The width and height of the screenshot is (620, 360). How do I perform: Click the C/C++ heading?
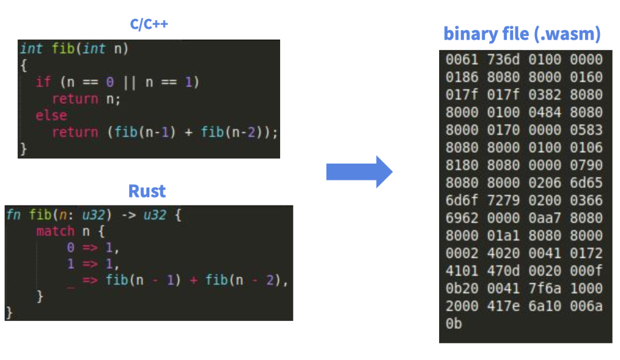click(149, 25)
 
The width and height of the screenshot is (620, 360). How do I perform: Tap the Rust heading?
click(147, 191)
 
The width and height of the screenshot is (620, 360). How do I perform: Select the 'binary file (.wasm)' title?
click(522, 34)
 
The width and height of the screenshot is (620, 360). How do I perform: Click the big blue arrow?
click(359, 171)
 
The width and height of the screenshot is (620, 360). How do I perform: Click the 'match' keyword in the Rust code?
click(55, 231)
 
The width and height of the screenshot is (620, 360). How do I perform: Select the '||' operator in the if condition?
click(130, 82)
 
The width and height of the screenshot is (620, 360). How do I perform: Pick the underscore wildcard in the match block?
click(71, 281)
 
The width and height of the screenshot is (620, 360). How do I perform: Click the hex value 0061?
click(462, 60)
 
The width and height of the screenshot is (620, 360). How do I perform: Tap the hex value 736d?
click(503, 60)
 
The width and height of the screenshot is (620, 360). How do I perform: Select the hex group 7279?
click(503, 200)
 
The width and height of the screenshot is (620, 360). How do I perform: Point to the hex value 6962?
click(462, 218)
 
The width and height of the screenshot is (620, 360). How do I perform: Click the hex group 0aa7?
click(545, 218)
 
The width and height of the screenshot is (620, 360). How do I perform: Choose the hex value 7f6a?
click(545, 288)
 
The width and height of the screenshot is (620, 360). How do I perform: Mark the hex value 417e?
click(503, 306)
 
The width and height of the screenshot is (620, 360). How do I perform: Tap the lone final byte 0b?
click(454, 324)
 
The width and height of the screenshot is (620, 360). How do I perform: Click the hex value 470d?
click(503, 271)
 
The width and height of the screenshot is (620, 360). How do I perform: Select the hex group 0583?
click(586, 130)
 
